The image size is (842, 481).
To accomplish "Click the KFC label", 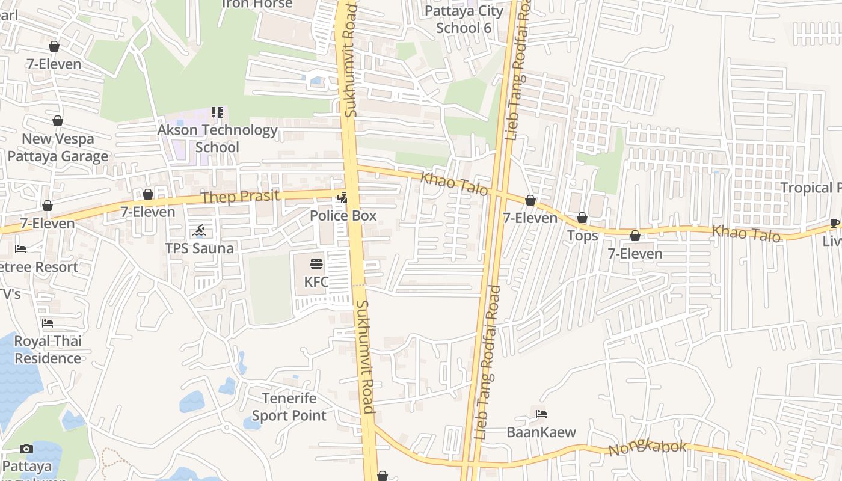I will (x=316, y=281).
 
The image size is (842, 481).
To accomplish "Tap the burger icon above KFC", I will (x=316, y=263).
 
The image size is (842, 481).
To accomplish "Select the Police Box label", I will (x=343, y=215).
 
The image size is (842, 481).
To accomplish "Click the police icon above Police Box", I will (x=343, y=197).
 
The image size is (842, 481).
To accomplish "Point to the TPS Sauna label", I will (x=199, y=248).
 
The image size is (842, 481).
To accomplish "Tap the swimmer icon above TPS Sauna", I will (x=199, y=230).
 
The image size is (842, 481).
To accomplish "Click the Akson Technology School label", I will (x=217, y=138).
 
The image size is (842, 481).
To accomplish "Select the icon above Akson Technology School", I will (x=217, y=112).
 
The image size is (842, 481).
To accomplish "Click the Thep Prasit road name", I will (x=241, y=197).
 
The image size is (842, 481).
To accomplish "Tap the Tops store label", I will (x=582, y=236).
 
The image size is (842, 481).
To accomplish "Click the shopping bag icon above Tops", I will (x=582, y=218).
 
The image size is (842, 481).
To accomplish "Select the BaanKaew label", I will (x=541, y=432).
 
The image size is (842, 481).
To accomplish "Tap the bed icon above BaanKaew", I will (x=541, y=414).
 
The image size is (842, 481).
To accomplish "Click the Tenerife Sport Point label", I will (x=289, y=406).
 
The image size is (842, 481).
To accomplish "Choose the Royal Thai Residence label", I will (x=48, y=349).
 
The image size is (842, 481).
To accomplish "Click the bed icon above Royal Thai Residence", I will (x=48, y=323).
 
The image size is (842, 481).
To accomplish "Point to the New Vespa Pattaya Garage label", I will (x=58, y=147).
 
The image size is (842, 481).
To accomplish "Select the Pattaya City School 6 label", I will (x=464, y=19).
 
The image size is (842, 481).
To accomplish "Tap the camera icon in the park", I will (x=26, y=449).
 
